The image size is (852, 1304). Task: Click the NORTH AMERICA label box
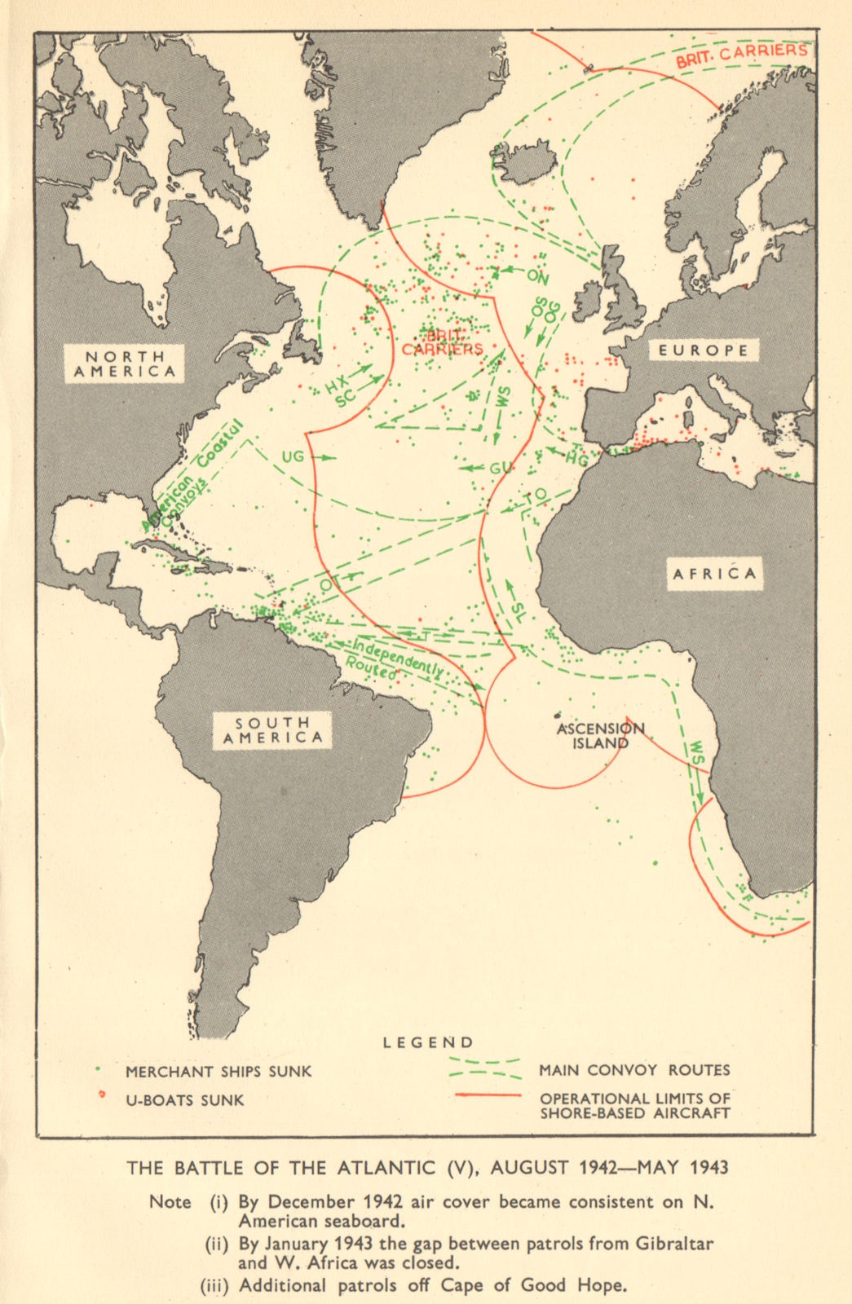[125, 363]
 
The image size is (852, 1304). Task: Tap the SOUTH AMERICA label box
[273, 730]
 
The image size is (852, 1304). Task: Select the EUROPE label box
[704, 350]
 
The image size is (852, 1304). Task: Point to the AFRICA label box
[714, 574]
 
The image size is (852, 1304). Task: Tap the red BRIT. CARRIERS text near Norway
[741, 54]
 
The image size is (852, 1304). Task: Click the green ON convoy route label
[537, 276]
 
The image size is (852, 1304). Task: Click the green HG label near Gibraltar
[576, 460]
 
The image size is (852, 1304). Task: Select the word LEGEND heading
[428, 1042]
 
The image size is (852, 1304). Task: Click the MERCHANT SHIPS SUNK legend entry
[218, 1072]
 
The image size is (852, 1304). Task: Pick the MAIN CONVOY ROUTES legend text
[633, 1070]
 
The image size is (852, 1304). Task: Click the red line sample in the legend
[487, 1095]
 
